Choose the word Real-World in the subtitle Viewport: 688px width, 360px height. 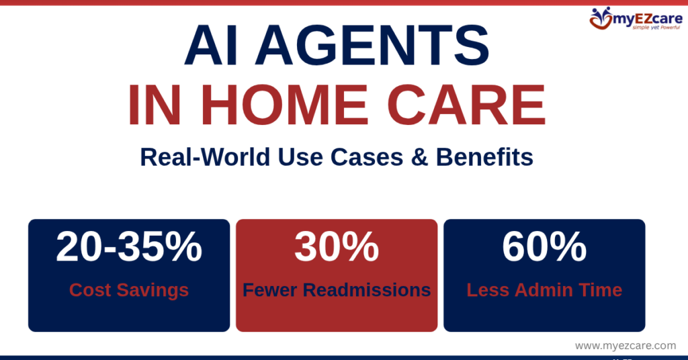pos(196,158)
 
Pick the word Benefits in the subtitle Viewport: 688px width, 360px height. pos(484,158)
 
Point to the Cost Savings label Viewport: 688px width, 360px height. pos(129,290)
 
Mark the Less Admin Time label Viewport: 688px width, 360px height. pos(544,290)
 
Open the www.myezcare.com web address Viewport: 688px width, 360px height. pos(626,345)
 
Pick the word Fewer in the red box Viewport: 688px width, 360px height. pos(270,290)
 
